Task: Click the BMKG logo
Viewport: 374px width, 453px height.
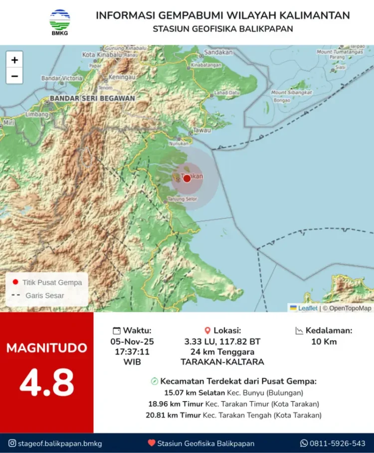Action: pyautogui.click(x=60, y=22)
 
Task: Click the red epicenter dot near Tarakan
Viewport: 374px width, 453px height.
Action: pyautogui.click(x=187, y=178)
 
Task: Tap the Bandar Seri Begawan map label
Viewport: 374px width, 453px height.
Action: pyautogui.click(x=92, y=99)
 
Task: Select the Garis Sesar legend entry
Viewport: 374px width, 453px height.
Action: pyautogui.click(x=44, y=296)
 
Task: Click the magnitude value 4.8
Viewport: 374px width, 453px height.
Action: pyautogui.click(x=46, y=382)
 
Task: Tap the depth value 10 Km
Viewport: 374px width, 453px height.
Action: pyautogui.click(x=324, y=341)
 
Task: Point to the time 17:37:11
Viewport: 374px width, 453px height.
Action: pyautogui.click(x=132, y=351)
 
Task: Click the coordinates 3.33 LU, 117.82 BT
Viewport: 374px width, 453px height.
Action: pyautogui.click(x=222, y=341)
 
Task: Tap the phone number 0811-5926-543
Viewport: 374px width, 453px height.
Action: pyautogui.click(x=337, y=443)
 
